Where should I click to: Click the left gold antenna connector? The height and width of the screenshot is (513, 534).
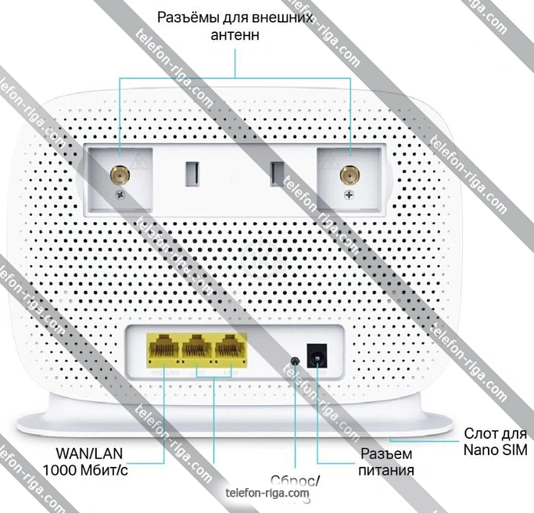click(x=120, y=174)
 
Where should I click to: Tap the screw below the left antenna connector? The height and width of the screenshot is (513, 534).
click(x=120, y=195)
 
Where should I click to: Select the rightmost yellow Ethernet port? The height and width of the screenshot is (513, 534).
click(x=227, y=346)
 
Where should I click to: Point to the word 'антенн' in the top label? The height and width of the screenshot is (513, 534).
click(x=235, y=35)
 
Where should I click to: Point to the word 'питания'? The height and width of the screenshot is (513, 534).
click(x=387, y=471)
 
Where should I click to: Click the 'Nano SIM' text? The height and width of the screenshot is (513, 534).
click(x=495, y=451)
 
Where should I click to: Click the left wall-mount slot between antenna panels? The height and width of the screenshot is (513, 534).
click(x=189, y=173)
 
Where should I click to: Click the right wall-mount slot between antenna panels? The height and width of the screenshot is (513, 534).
click(x=274, y=173)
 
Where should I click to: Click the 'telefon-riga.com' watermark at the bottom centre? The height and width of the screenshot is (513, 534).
click(x=267, y=493)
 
